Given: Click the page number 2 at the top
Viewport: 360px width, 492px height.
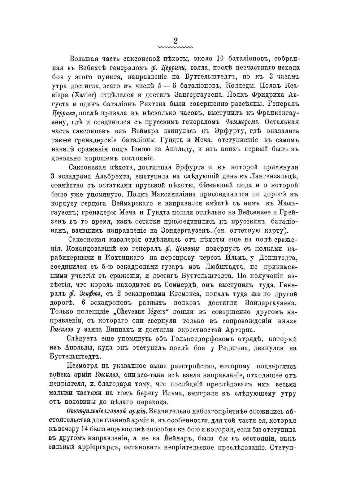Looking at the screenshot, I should tap(176, 41).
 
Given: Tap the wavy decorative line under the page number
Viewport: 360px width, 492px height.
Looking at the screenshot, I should tap(175, 48).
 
